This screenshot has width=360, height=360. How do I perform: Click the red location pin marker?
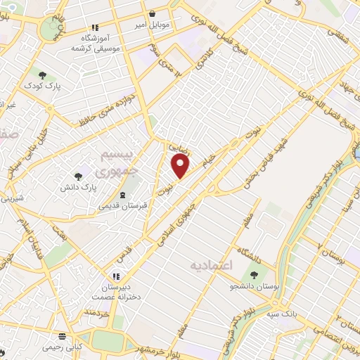pyautogui.click(x=181, y=166)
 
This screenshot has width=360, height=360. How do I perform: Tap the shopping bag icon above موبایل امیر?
pyautogui.click(x=152, y=13)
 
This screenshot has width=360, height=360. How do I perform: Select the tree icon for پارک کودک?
pyautogui.click(x=42, y=75)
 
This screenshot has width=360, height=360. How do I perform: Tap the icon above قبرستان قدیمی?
pyautogui.click(x=123, y=195)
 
